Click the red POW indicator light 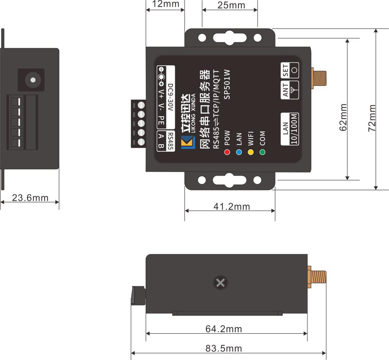tap(227, 152)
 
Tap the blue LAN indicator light tap(239, 152)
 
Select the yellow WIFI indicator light tap(251, 152)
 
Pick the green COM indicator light tap(262, 152)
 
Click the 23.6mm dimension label tap(30, 198)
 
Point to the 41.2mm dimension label tap(232, 206)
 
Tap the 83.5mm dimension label tap(223, 348)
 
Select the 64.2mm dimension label tap(223, 329)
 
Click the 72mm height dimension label tap(372, 118)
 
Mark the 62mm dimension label tap(343, 117)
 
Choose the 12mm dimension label tap(166, 4)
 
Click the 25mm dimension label tap(231, 5)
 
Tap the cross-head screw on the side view tap(220, 283)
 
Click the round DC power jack tap(33, 80)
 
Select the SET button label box tap(290, 70)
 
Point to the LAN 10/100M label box tap(290, 129)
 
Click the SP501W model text tap(227, 84)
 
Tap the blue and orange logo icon tap(188, 142)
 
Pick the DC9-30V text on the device tap(170, 97)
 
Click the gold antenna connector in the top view tap(319, 78)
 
